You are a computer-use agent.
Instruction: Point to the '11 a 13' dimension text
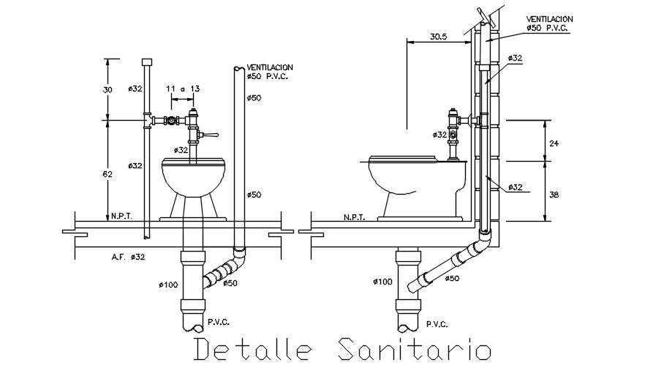pyautogui.click(x=182, y=88)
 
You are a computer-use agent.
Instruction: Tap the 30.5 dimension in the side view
pyautogui.click(x=438, y=37)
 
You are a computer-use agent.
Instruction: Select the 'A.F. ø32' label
pyautogui.click(x=128, y=257)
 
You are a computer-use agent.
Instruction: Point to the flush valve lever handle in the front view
pyautogui.click(x=211, y=135)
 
